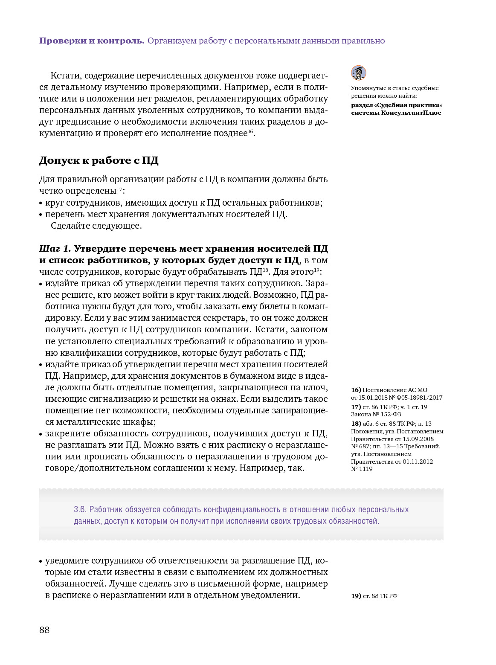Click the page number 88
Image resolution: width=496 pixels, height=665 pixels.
click(44, 630)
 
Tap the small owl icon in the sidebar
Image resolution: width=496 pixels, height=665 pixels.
click(359, 73)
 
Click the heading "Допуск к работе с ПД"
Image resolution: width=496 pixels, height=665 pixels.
click(99, 160)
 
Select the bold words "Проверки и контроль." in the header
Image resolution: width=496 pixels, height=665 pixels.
click(92, 41)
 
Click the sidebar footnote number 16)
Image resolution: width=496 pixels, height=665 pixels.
click(356, 390)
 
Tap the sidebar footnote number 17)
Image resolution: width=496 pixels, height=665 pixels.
click(356, 407)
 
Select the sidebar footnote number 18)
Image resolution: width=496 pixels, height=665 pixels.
click(356, 424)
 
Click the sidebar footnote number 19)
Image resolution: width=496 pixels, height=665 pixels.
click(356, 596)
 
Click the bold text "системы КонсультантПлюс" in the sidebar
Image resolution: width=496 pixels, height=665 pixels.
click(396, 113)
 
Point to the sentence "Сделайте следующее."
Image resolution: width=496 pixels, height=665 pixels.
click(96, 226)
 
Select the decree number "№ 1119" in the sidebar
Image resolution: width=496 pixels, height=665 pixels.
click(362, 469)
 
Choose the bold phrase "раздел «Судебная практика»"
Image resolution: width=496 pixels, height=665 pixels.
click(397, 105)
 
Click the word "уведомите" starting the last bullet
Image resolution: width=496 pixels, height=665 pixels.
click(67, 560)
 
